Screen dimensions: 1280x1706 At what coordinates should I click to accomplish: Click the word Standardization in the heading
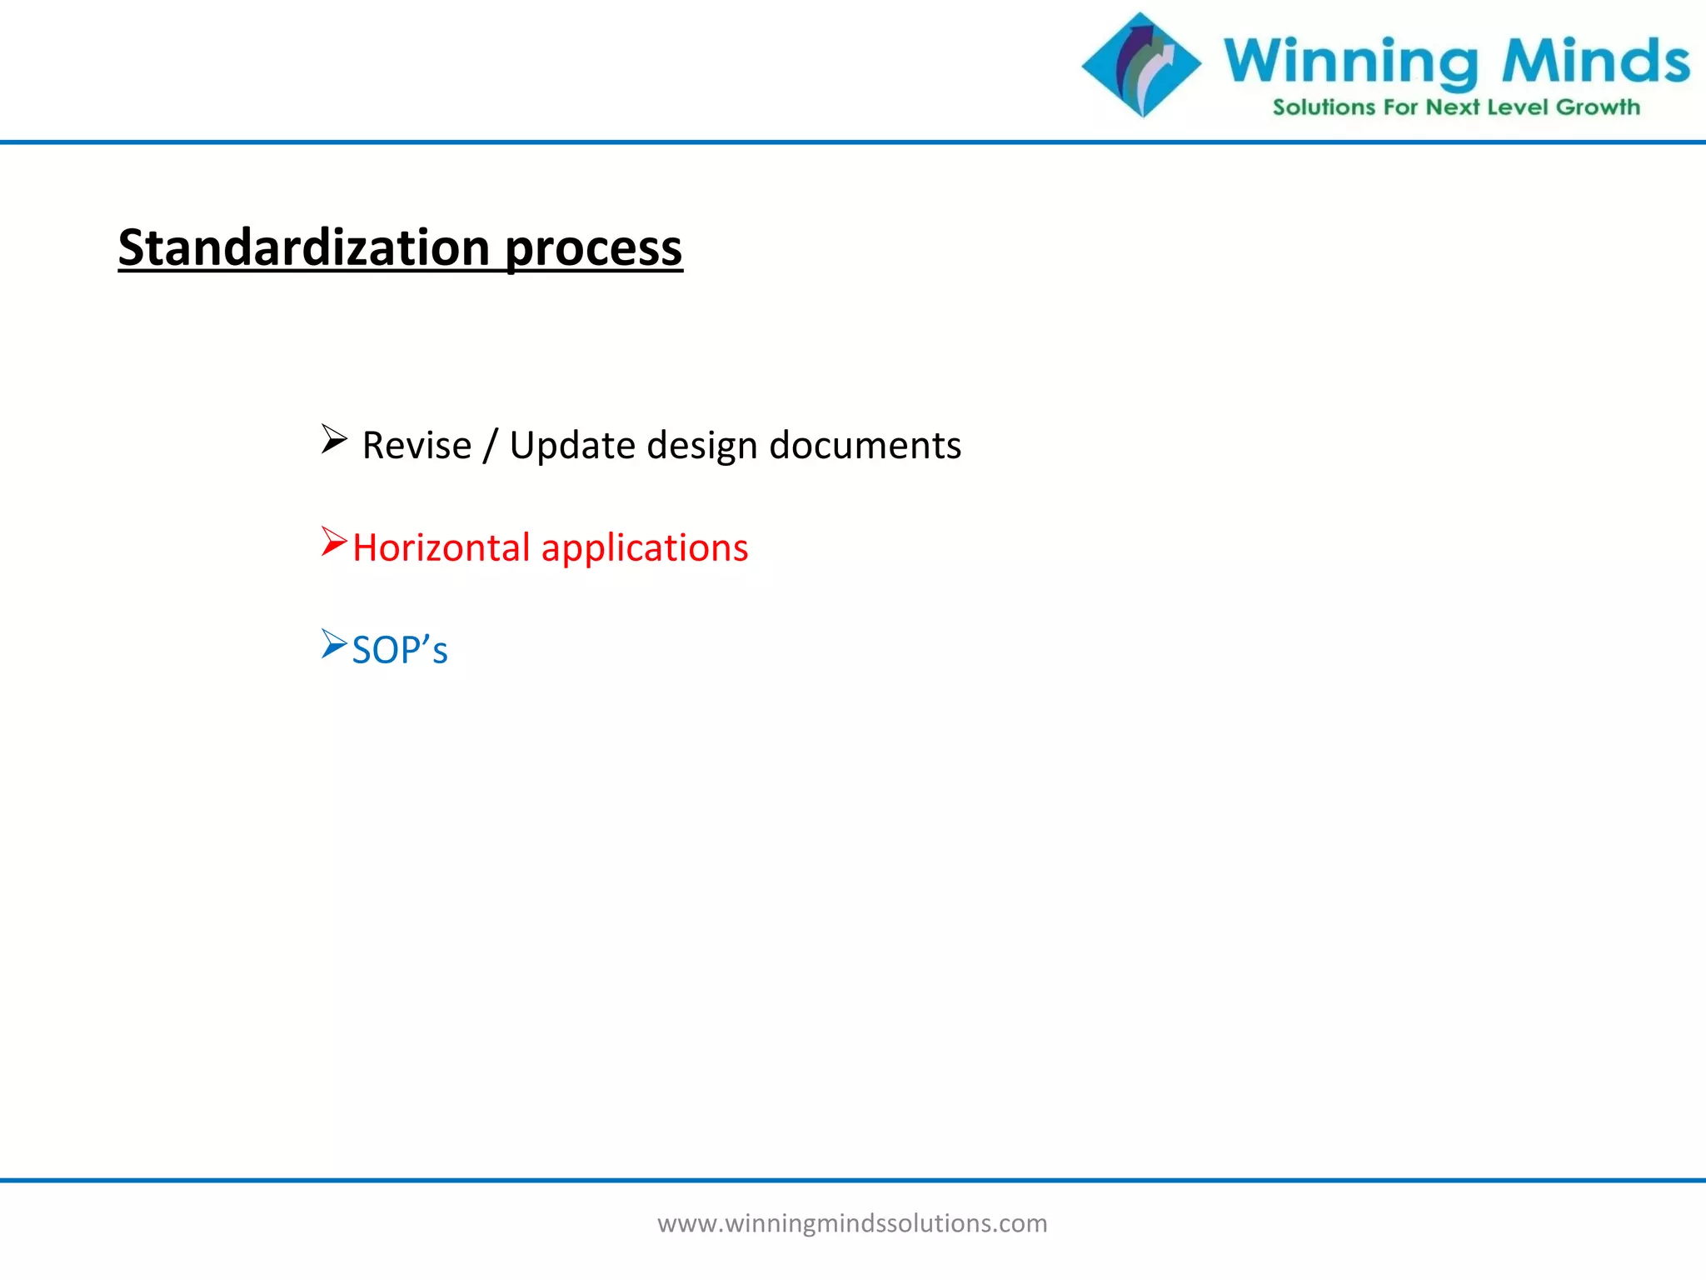303,247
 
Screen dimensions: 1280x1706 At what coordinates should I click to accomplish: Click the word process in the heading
593,249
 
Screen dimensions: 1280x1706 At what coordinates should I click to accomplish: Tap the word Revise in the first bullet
417,445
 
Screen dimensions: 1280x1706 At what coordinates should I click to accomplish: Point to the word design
701,446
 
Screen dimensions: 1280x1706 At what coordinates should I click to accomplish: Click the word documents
865,445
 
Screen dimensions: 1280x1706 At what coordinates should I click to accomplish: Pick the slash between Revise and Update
491,446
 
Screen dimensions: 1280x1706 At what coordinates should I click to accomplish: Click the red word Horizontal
441,547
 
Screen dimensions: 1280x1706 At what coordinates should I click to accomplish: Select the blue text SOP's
400,650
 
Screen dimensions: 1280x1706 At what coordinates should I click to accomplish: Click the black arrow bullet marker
333,439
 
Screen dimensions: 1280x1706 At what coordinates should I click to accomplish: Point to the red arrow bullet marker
333,542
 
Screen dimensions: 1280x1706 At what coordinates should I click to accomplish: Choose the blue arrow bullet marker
333,644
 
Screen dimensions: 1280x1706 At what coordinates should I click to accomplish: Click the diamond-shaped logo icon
1141,65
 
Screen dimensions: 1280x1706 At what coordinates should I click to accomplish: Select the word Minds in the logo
1595,60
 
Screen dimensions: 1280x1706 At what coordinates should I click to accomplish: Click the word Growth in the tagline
1598,107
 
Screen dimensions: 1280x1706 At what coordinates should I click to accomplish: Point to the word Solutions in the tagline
1323,107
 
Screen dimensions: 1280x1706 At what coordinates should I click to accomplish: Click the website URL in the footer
852,1223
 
